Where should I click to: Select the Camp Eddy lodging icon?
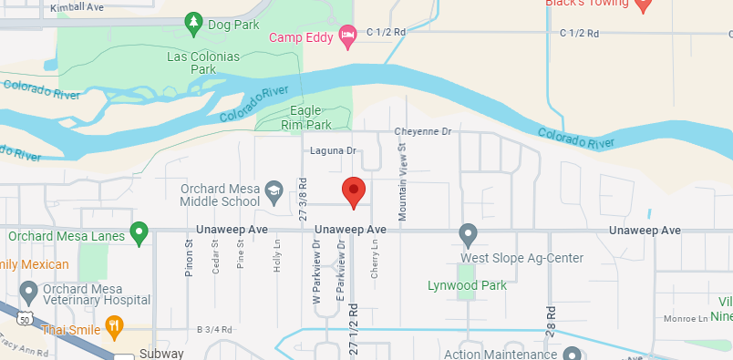[347, 36]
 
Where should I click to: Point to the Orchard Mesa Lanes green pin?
[139, 232]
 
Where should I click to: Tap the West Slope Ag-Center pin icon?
[468, 233]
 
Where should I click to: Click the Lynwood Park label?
[467, 285]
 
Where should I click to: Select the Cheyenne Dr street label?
[423, 132]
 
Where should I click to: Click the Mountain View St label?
[402, 178]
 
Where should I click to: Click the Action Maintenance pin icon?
[572, 354]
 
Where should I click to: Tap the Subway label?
[163, 354]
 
